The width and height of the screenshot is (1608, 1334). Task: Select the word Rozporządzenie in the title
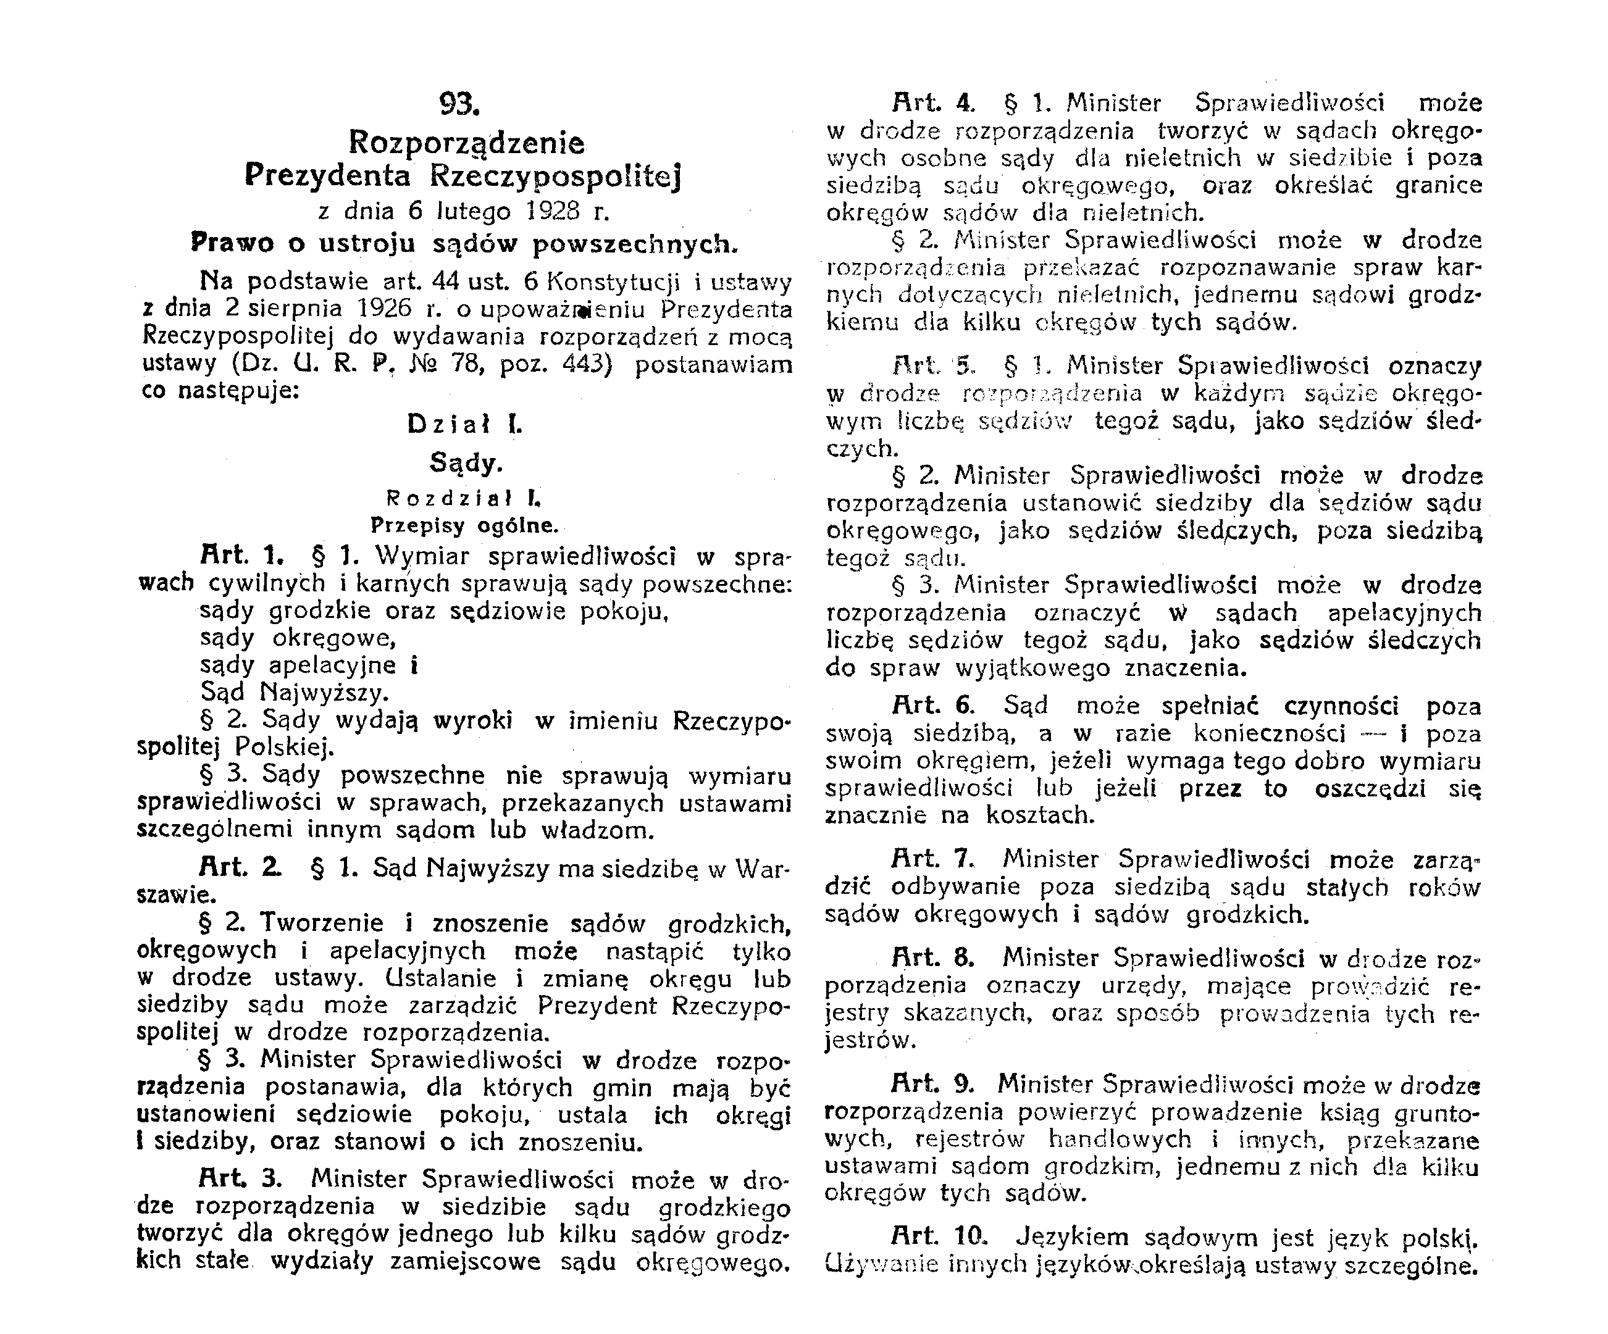point(466,143)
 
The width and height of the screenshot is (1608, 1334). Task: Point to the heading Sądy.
point(466,463)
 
